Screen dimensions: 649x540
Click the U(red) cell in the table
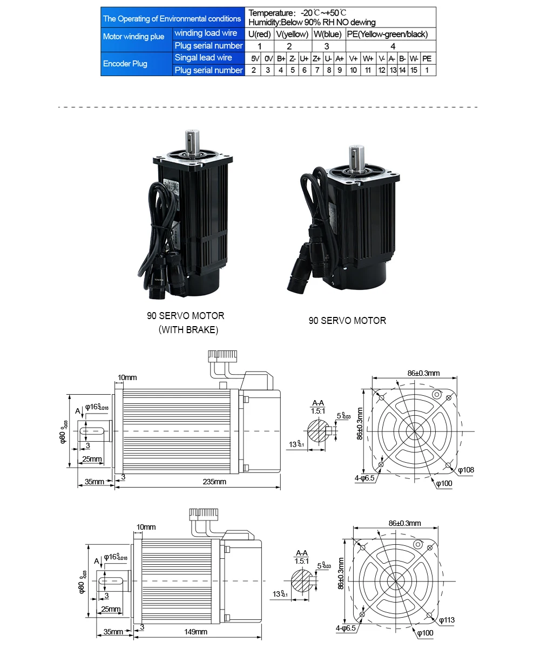tap(259, 34)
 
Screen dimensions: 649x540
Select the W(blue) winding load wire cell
tap(327, 34)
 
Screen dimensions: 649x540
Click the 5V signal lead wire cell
tap(255, 58)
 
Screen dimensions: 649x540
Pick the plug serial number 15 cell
tap(414, 70)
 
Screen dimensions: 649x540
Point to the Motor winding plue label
tap(133, 37)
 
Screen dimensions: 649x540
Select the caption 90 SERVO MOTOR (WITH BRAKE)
tap(185, 322)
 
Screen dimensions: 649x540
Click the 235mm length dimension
tap(214, 482)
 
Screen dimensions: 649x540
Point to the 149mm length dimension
tap(195, 632)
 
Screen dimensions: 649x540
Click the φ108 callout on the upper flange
tap(465, 470)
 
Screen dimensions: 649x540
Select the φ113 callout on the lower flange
tap(447, 620)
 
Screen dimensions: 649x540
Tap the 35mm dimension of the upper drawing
tap(94, 482)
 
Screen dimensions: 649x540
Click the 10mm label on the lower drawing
tap(146, 527)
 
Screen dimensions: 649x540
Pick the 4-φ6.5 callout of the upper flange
tap(364, 478)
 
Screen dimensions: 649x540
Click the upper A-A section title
tap(319, 403)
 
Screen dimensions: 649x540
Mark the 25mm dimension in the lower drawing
tap(111, 610)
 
